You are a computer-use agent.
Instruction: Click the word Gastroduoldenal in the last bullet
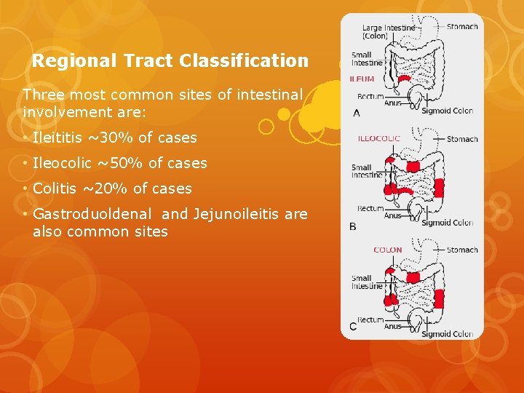(x=93, y=214)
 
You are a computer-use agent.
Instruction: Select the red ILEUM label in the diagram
(x=362, y=79)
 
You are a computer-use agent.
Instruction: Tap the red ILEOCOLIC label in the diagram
(x=378, y=139)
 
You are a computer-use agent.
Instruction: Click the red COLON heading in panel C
(x=387, y=250)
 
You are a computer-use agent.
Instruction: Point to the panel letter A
(x=356, y=113)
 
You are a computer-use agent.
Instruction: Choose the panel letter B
(x=353, y=226)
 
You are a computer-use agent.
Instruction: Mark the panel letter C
(x=353, y=325)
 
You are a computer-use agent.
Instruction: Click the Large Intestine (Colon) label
(x=388, y=32)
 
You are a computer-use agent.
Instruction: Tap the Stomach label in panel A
(x=463, y=27)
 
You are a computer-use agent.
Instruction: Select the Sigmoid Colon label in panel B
(x=447, y=223)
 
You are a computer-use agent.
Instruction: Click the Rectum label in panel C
(x=370, y=319)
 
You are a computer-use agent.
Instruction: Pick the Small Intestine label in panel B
(x=367, y=171)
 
